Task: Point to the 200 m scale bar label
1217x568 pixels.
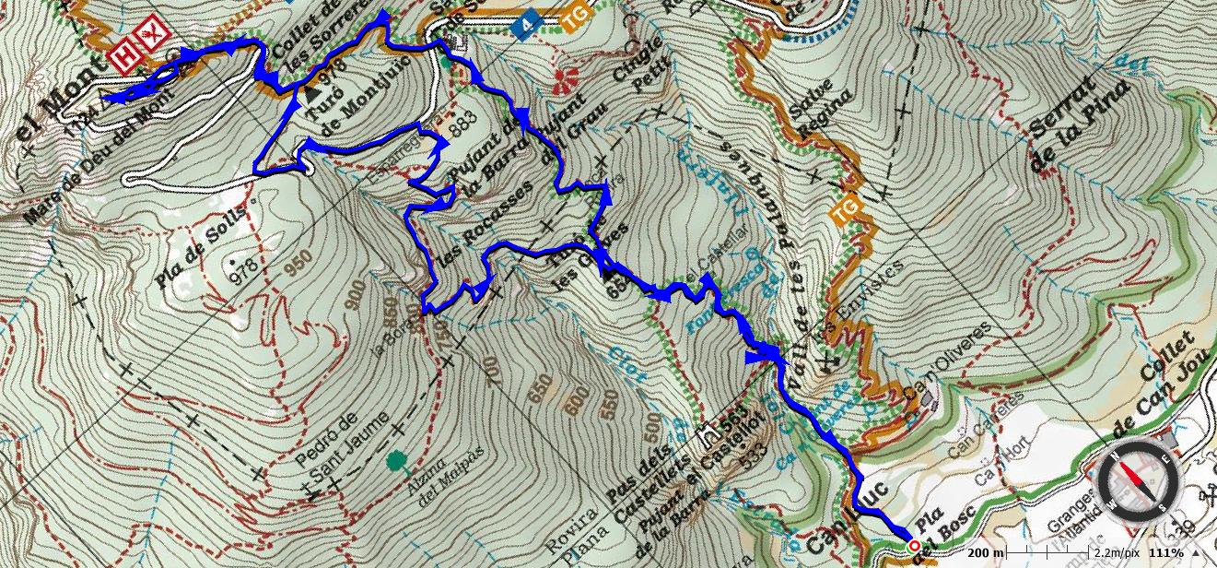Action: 986,552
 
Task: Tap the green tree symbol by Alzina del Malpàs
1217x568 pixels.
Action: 397,459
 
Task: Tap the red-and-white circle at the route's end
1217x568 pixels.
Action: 913,546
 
